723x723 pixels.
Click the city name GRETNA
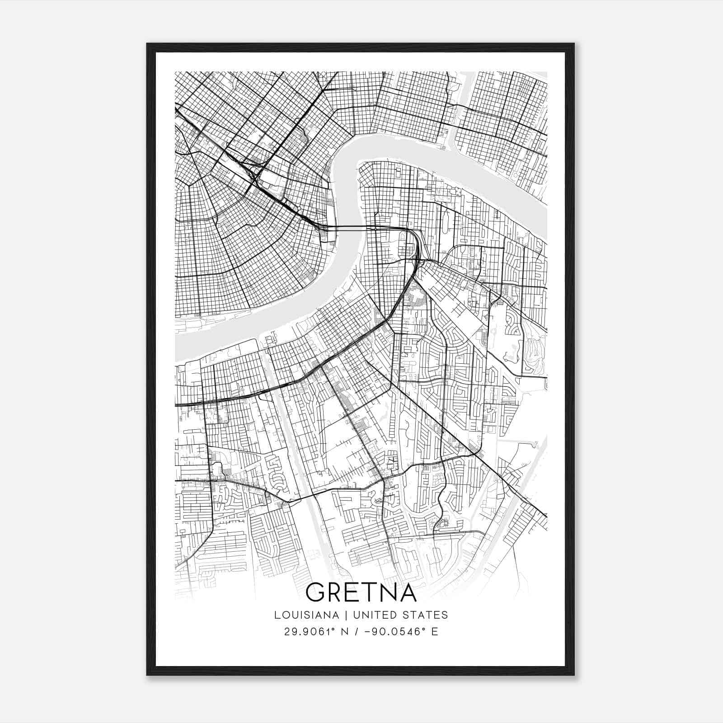tap(361, 592)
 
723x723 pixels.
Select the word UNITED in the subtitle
tap(371, 615)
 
